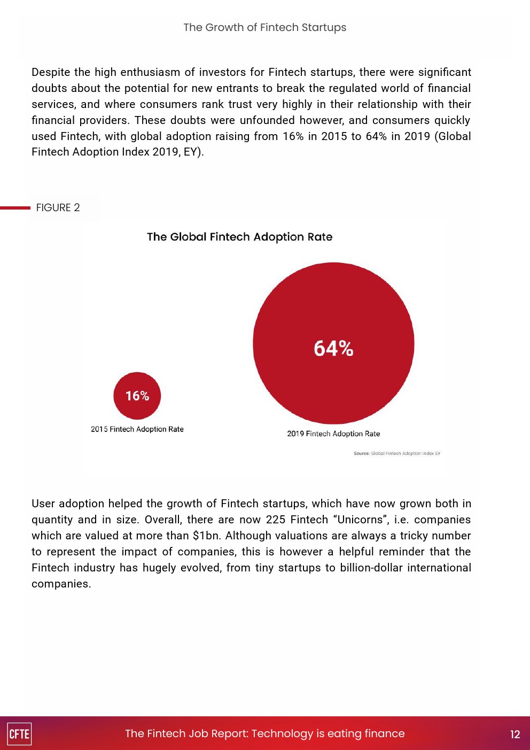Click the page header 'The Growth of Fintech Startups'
pos(264,27)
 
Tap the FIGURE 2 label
pos(58,207)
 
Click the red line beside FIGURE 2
pos(15,207)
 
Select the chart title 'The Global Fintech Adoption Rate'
pos(239,237)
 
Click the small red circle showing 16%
pos(137,396)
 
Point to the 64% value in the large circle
pos(333,349)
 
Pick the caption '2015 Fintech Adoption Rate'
pos(137,429)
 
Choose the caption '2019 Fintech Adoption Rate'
pos(333,434)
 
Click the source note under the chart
pos(397,453)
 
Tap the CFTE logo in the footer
pos(19,734)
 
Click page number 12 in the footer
pos(515,734)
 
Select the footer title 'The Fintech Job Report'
pos(265,733)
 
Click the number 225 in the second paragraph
pos(275,520)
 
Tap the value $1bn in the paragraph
pos(206,536)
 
